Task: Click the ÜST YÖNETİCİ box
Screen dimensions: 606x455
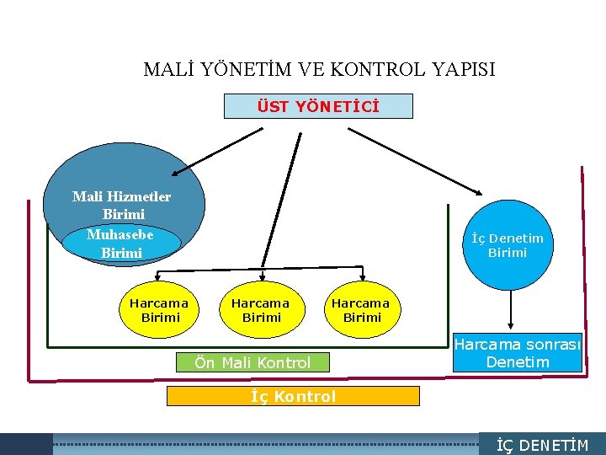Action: coord(318,107)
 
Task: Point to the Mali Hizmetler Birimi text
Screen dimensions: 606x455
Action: coord(121,205)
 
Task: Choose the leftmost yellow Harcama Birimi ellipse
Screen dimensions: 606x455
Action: coord(160,309)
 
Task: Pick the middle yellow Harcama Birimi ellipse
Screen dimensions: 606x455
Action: coord(261,309)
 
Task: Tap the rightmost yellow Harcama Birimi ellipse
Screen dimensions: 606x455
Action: coord(361,309)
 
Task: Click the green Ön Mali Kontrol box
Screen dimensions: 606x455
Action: coord(252,363)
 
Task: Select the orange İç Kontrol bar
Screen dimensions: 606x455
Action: coord(293,396)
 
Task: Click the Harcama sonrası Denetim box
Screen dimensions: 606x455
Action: coord(518,353)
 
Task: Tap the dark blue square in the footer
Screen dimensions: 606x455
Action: coord(26,444)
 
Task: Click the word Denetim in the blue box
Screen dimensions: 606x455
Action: coord(518,362)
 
